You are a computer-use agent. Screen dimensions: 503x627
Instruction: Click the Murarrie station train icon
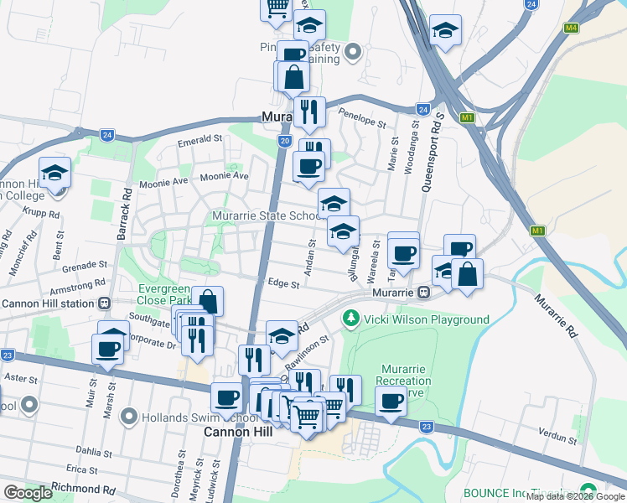tap(425, 293)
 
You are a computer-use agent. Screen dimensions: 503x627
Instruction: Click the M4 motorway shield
tap(572, 28)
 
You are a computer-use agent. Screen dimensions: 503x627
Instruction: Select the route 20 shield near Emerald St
tap(285, 142)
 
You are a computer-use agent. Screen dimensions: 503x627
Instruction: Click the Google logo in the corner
tap(28, 493)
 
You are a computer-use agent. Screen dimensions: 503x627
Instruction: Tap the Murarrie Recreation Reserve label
tap(406, 381)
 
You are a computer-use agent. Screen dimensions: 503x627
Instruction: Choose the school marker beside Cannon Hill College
tap(55, 174)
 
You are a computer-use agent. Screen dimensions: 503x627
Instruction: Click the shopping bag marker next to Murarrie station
tap(467, 272)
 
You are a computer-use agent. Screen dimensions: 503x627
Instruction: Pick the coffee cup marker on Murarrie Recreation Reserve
tap(391, 399)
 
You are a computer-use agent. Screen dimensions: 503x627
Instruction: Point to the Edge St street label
tap(282, 285)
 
